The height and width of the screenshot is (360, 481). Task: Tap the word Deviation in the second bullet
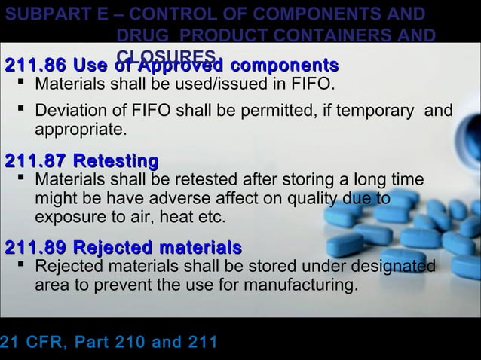pos(66,111)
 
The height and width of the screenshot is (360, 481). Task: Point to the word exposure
pos(68,218)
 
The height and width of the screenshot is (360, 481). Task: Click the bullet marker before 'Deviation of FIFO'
pos(21,111)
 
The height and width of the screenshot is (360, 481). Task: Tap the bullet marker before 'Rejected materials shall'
pos(21,267)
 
